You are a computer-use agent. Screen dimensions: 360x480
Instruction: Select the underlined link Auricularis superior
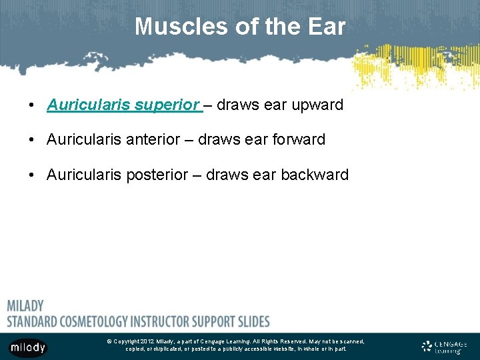tap(124, 105)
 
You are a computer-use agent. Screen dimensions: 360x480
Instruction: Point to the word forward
tap(295, 140)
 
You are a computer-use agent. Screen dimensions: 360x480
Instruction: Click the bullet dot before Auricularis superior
tap(31, 106)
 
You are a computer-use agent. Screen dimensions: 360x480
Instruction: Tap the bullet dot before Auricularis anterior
tap(31, 141)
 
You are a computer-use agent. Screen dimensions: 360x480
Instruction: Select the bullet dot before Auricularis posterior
tap(31, 175)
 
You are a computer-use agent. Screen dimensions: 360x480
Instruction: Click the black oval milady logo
tap(27, 347)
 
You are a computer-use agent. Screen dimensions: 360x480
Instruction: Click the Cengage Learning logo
tap(445, 347)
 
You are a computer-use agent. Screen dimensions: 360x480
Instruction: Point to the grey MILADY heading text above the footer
tap(25, 306)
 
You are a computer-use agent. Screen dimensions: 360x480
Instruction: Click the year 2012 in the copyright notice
tap(147, 341)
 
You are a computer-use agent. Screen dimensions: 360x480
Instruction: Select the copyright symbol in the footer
tap(109, 341)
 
